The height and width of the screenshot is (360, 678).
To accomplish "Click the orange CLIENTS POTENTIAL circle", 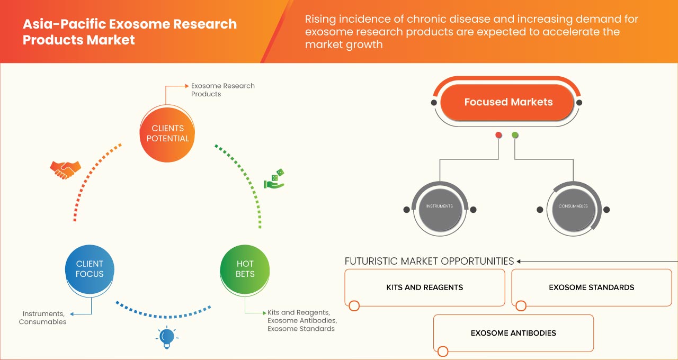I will point(167,133).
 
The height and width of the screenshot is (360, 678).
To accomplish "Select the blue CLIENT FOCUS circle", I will point(90,269).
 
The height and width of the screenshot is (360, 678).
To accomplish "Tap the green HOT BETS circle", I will point(245,269).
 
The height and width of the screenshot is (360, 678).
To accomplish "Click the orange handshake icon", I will point(65,169).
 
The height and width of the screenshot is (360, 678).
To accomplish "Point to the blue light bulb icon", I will point(167,337).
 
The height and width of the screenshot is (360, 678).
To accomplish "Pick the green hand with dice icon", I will point(274,179).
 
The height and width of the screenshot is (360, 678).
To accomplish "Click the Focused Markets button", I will point(508,102).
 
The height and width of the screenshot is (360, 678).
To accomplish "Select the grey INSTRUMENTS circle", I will point(440,206).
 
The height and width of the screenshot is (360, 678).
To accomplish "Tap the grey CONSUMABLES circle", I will point(573,206).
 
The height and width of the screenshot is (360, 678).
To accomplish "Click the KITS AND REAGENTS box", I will point(424,287).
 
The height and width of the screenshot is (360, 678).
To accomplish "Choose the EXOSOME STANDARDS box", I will point(591,287).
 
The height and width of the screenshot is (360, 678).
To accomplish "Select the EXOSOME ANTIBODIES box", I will point(513,333).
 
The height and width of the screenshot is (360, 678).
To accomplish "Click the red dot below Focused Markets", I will point(498,136).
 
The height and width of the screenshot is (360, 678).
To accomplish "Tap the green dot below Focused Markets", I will point(515,136).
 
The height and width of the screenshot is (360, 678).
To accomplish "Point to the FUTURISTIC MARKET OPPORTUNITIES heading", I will point(429,261).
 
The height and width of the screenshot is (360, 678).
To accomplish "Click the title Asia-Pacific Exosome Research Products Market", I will point(130,32).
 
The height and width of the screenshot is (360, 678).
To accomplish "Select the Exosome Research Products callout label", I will point(222,89).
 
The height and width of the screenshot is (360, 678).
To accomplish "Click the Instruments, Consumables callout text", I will point(43,318).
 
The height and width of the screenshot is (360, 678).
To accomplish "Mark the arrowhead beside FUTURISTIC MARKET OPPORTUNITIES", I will point(519,261).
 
